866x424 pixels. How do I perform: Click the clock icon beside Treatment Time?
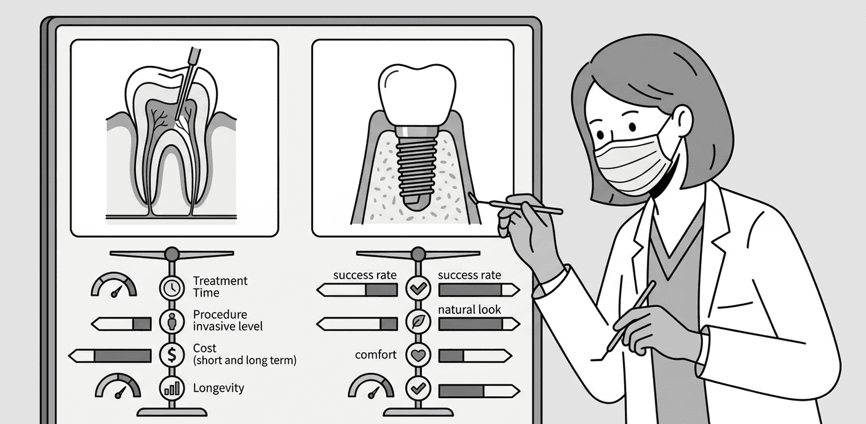tap(171, 287)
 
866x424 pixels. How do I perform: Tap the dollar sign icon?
tap(171, 355)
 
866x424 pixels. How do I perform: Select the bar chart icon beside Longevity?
tap(171, 389)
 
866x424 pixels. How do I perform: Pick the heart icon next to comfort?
tap(418, 356)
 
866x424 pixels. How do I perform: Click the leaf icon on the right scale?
tap(418, 323)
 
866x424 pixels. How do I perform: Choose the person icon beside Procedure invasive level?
tap(171, 322)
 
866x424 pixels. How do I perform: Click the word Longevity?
tap(218, 388)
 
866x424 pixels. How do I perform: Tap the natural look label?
tap(469, 309)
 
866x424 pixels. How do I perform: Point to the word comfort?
tap(375, 355)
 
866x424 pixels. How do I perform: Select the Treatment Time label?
tap(220, 287)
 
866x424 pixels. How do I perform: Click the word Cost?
tap(205, 348)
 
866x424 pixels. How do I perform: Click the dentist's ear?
tap(682, 121)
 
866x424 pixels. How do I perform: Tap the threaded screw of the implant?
tap(417, 165)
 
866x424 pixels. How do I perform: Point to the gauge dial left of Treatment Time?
tap(114, 286)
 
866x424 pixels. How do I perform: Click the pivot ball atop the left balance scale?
tap(171, 254)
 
